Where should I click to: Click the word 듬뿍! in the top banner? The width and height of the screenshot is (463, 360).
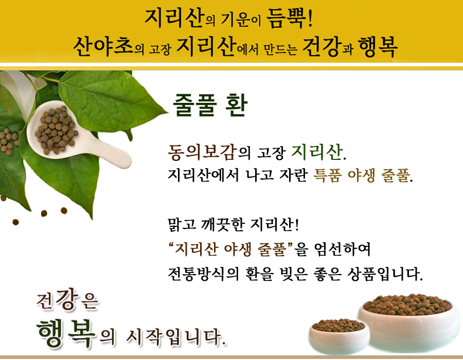click(290, 19)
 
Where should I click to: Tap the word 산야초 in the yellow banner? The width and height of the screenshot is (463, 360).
click(103, 46)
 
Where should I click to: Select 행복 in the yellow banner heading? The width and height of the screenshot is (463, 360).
click(378, 47)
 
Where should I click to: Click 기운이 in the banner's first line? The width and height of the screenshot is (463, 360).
click(241, 21)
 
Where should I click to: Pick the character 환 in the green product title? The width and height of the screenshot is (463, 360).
click(236, 105)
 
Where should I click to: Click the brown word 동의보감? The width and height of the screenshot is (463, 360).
click(202, 152)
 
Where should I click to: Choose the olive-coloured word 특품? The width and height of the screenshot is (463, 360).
click(327, 175)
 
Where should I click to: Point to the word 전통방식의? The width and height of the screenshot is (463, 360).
click(203, 274)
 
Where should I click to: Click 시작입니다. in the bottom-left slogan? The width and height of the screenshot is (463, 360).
click(176, 337)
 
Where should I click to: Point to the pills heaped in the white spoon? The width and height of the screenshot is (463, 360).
click(56, 130)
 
